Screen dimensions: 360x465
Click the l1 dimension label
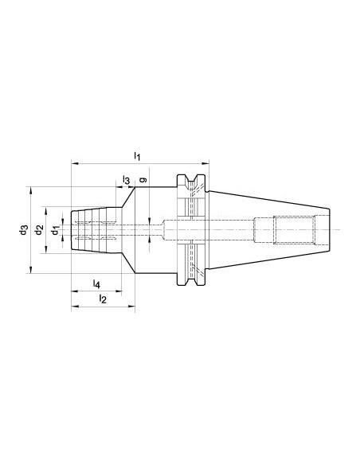(137, 156)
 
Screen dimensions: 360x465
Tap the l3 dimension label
(127, 180)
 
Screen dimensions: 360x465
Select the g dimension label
(143, 180)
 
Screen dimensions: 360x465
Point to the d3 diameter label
(24, 230)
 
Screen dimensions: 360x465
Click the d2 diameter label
(39, 230)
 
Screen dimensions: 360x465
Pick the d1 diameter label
(56, 230)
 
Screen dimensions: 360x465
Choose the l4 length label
(96, 284)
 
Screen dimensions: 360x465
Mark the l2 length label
(103, 299)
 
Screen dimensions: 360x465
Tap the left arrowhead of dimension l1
(75, 163)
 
